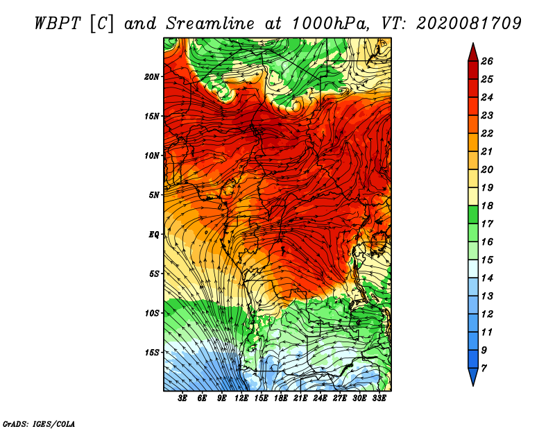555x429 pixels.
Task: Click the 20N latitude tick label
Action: point(152,76)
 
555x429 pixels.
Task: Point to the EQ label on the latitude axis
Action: point(153,234)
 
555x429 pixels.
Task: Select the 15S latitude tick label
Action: point(152,353)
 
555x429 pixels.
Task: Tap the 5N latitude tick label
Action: point(154,195)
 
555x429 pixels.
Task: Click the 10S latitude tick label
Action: point(152,313)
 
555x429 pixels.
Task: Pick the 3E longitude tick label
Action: point(182,398)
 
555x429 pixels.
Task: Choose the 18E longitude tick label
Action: point(281,398)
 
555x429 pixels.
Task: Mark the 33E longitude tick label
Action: point(379,398)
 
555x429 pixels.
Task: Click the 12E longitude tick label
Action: point(241,398)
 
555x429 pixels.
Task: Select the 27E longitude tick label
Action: point(340,398)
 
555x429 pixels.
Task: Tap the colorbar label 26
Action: point(487,61)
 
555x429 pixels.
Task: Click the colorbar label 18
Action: point(487,205)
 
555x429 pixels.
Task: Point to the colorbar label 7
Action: point(484,369)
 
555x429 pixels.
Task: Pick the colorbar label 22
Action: point(487,133)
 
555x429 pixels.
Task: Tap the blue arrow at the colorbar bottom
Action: point(473,376)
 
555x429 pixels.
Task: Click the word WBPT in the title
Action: point(58,24)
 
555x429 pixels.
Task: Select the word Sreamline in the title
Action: point(210,24)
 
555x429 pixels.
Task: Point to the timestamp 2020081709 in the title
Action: point(469,24)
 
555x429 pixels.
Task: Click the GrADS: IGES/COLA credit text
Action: point(39,423)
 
